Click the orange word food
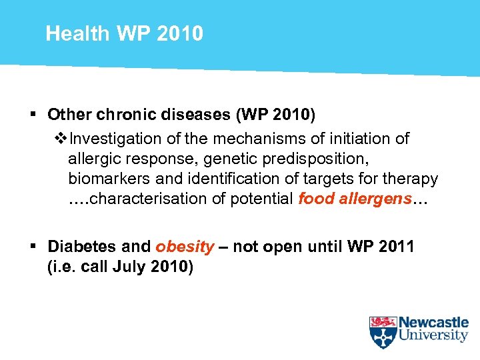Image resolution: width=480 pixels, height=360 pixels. (315, 199)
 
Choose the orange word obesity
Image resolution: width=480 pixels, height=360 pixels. (185, 247)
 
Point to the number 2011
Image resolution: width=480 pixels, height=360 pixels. (395, 247)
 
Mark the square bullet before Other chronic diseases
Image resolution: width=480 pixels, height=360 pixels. (33, 115)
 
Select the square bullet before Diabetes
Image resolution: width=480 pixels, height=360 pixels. (33, 247)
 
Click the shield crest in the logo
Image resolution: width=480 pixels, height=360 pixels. (383, 332)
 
